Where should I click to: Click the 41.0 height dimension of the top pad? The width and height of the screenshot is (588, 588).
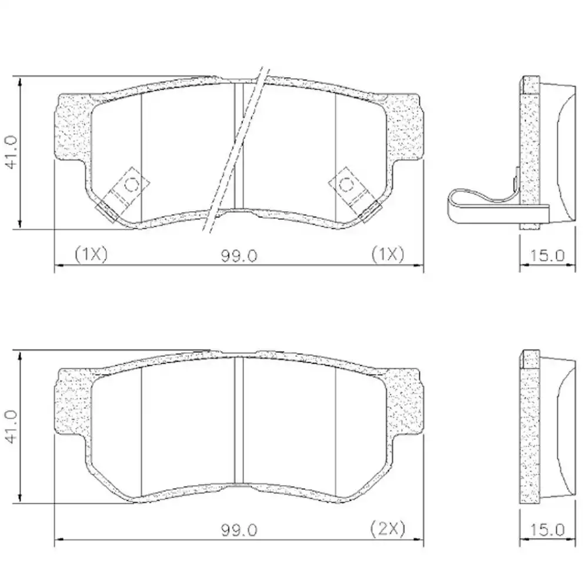coord(12,152)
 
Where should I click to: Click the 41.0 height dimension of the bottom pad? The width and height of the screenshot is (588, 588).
coord(12,427)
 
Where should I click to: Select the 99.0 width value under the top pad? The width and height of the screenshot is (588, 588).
coord(239,256)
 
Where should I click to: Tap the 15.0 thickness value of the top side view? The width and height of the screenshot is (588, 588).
coord(547,256)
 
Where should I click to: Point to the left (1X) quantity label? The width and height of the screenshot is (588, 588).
coord(91,254)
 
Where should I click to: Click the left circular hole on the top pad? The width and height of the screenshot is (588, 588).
coord(132,184)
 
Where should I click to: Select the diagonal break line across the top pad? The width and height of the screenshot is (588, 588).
coord(235,150)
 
